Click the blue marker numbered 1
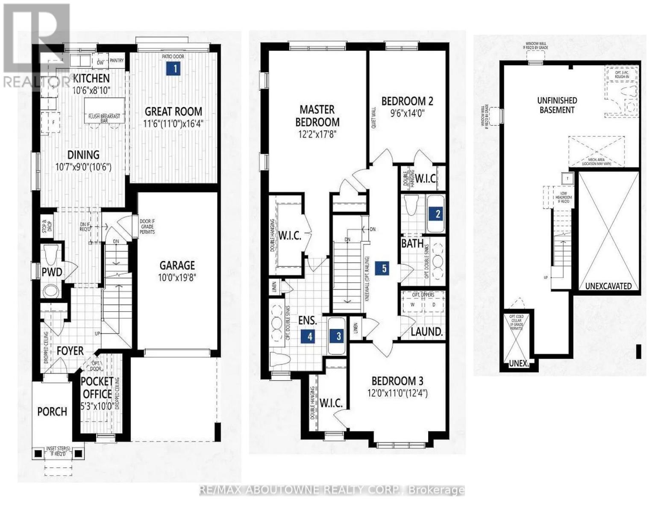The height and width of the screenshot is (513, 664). click(x=173, y=68)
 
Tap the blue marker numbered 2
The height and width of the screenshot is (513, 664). click(x=437, y=214)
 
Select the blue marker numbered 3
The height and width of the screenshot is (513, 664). click(x=338, y=336)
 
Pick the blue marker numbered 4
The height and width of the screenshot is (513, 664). click(x=310, y=336)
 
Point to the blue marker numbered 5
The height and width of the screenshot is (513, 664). click(x=384, y=268)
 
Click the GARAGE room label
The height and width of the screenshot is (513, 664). click(x=177, y=265)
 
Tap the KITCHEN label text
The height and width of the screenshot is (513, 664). click(x=91, y=78)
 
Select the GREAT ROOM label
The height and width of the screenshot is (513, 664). click(x=173, y=112)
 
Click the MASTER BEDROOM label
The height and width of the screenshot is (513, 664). click(x=317, y=116)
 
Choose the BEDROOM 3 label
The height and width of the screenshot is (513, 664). click(x=397, y=380)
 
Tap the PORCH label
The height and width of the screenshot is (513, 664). click(x=52, y=412)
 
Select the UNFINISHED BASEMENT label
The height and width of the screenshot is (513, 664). click(x=557, y=105)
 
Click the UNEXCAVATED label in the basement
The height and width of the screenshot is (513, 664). click(x=608, y=286)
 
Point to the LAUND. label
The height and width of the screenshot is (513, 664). click(x=426, y=332)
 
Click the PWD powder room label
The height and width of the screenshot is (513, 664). click(x=52, y=272)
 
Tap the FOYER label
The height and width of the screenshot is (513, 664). click(x=70, y=351)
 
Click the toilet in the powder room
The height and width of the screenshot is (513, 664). click(x=50, y=254)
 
